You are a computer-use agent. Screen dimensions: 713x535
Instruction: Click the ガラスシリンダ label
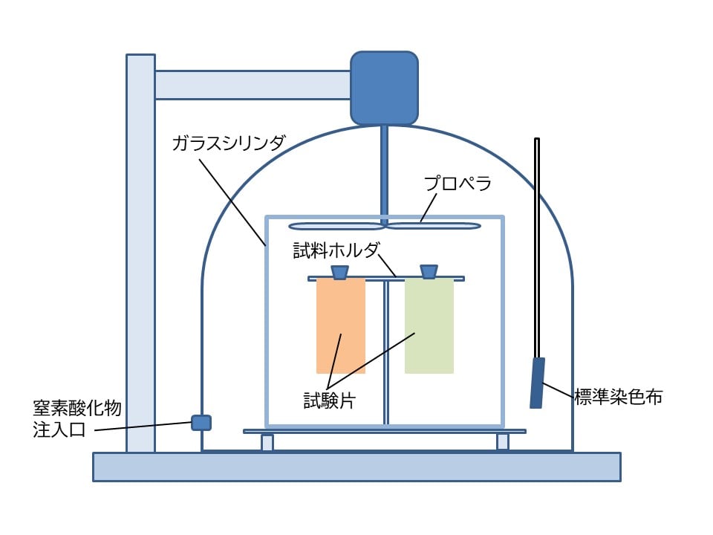click(229, 143)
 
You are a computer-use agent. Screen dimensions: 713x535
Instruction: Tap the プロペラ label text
click(458, 184)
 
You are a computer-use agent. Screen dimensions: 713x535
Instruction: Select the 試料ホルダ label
click(336, 250)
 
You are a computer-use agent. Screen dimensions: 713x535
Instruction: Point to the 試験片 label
click(329, 401)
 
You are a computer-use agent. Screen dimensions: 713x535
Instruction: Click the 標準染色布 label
click(619, 397)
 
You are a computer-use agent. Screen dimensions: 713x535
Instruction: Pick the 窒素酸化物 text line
click(76, 408)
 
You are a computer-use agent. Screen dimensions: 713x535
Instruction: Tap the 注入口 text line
click(59, 429)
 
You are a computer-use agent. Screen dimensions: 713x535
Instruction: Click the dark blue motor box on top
click(384, 88)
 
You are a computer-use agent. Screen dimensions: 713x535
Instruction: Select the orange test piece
click(341, 325)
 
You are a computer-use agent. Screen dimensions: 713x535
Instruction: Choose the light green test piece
click(429, 325)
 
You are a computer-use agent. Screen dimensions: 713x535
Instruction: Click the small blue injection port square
click(201, 423)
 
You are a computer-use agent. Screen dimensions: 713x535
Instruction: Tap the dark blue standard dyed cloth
click(538, 383)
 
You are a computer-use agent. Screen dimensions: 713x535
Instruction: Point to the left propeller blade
click(337, 226)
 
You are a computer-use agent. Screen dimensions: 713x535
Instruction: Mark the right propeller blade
click(433, 226)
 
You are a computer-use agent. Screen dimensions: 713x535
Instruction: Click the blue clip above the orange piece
click(339, 272)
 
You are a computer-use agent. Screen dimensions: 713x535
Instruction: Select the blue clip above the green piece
click(429, 272)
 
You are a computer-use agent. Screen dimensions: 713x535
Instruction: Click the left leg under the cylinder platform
click(267, 442)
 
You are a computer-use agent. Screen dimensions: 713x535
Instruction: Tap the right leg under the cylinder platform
click(503, 442)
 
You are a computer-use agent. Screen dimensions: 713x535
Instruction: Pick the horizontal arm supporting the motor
click(253, 85)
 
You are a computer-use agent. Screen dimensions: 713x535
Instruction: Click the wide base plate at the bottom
click(357, 467)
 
